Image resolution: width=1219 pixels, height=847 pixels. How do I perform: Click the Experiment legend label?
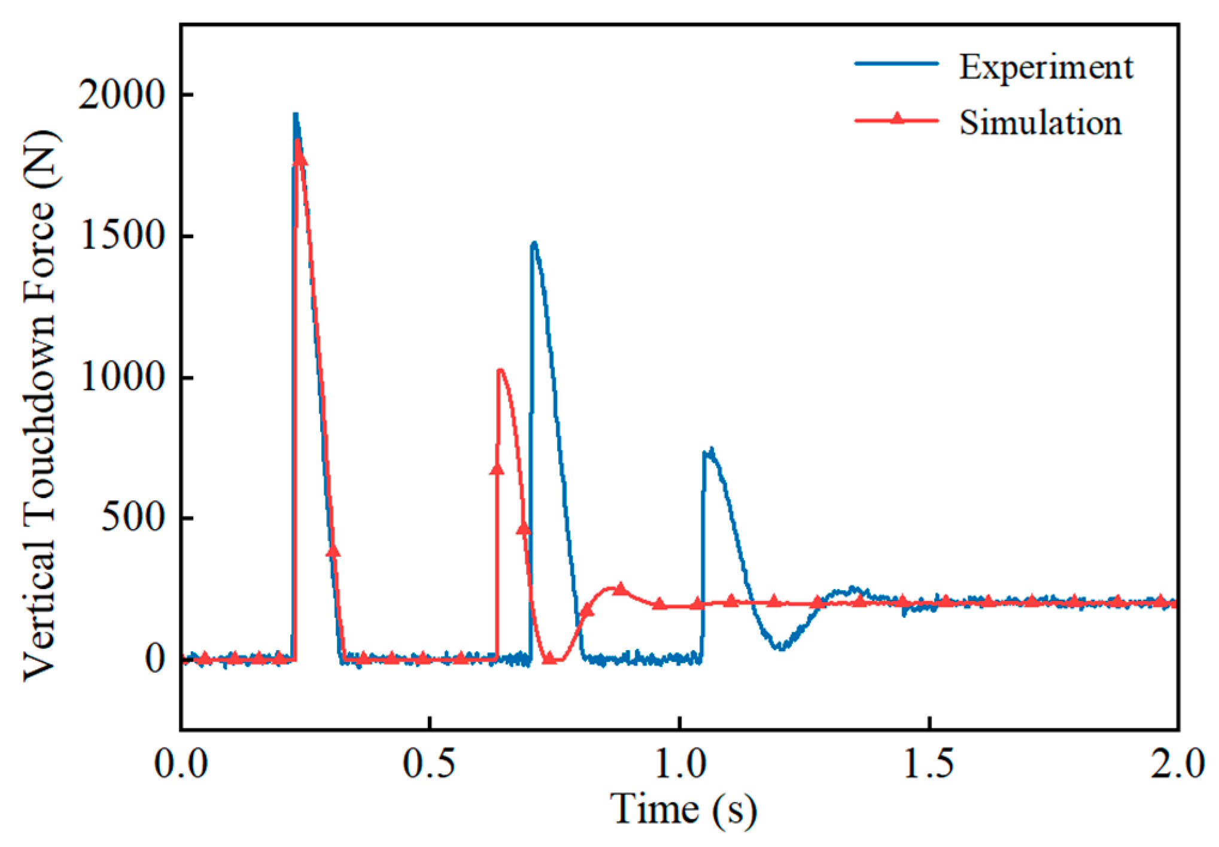1046,68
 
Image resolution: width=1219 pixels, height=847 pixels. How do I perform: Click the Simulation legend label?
1041,123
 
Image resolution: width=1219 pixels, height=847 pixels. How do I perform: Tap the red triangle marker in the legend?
896,118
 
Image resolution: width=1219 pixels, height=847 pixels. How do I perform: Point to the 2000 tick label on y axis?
121,95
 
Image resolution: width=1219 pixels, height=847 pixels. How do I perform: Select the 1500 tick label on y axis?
121,236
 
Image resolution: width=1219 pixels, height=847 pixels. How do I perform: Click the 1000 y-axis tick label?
121,377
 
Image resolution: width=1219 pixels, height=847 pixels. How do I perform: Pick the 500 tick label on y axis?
133,517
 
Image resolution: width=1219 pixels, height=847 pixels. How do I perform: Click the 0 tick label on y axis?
155,659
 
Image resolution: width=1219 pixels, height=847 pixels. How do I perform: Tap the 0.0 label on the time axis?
181,764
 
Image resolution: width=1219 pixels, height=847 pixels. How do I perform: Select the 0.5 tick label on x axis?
430,764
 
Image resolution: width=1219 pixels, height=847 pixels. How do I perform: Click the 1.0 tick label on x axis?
680,764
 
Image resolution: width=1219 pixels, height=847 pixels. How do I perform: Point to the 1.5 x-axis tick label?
929,764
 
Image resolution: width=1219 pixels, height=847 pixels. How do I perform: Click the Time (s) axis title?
683,809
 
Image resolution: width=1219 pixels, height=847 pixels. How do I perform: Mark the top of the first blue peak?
295,114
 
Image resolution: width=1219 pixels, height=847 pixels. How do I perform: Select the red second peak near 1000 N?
500,370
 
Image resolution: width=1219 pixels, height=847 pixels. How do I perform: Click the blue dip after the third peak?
780,647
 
